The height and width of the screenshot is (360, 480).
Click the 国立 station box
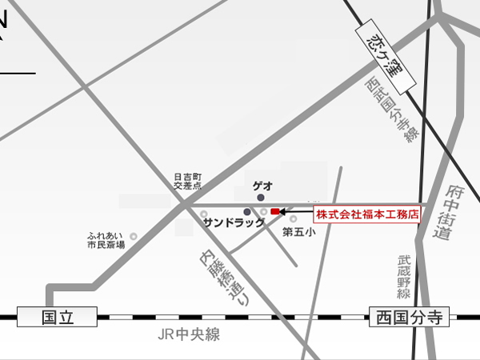57,317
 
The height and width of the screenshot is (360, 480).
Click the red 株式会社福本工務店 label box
367,214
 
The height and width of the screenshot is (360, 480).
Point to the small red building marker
276,211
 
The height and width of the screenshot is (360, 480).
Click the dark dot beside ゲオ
260,197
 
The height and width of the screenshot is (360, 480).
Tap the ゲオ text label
263,185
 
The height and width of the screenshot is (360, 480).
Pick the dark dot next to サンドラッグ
247,211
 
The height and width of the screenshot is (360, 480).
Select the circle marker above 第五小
293,218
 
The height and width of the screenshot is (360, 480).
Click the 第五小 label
299,231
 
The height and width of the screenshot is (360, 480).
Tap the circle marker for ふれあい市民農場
133,235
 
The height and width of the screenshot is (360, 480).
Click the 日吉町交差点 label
189,181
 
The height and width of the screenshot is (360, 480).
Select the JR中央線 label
189,335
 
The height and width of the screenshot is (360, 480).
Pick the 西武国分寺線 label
392,111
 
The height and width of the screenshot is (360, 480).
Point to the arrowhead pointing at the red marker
284,211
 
